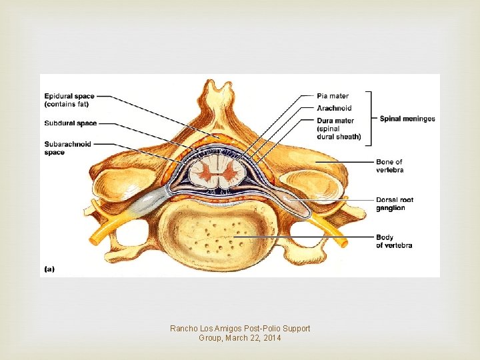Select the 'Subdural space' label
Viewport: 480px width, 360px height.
click(x=71, y=123)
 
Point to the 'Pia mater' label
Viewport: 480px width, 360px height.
click(x=333, y=97)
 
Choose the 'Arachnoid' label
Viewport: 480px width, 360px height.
click(x=335, y=108)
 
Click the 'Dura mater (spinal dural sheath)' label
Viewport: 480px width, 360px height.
click(x=339, y=129)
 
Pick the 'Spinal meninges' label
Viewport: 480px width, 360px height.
click(x=407, y=119)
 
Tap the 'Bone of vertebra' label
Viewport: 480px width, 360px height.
click(x=389, y=166)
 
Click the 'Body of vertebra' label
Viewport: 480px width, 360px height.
click(x=393, y=241)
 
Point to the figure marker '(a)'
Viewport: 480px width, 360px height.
click(x=49, y=269)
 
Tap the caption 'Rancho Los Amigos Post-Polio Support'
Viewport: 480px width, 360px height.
click(x=240, y=329)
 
